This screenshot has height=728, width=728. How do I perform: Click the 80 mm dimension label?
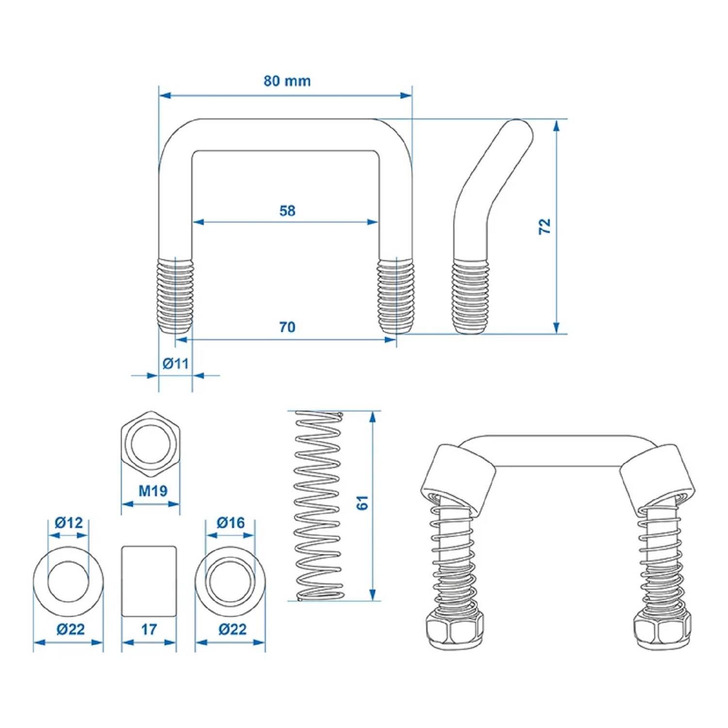tap(287, 81)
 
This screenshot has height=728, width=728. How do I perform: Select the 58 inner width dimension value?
tap(287, 211)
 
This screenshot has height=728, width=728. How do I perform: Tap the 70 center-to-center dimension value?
tap(287, 327)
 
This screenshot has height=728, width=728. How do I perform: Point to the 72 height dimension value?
tap(545, 226)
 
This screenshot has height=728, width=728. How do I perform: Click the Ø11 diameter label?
tap(175, 363)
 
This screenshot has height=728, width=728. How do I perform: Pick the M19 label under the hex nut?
tap(152, 491)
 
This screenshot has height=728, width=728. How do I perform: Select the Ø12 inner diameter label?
tap(68, 523)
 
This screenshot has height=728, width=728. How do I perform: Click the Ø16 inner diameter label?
tap(230, 523)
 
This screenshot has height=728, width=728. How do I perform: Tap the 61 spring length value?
tap(362, 503)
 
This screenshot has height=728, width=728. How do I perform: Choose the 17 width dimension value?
tap(149, 629)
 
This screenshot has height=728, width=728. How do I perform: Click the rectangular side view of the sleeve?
tap(149, 581)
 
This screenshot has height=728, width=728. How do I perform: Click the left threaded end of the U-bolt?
tap(176, 296)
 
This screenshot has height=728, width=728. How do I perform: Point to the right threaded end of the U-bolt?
tap(396, 296)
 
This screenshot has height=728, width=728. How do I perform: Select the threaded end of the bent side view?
tap(471, 296)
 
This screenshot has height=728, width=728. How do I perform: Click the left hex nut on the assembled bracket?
tap(454, 629)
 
